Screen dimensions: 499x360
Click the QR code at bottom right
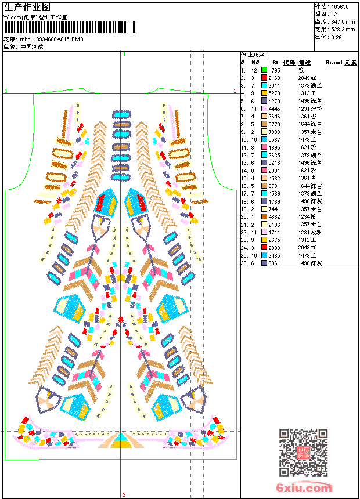[x=303, y=453]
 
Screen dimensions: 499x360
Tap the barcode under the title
[x=69, y=27]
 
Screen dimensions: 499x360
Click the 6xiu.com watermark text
[x=305, y=489]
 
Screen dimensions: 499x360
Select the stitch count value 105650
[x=340, y=6]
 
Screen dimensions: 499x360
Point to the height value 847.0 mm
[x=342, y=21]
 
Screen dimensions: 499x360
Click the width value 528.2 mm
[x=342, y=29]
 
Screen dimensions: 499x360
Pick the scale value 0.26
[x=336, y=37]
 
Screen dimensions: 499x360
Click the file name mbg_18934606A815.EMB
[x=52, y=39]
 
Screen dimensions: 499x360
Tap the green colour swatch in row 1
[x=264, y=70]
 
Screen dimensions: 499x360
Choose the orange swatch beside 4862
[x=264, y=216]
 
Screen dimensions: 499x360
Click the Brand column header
[x=334, y=63]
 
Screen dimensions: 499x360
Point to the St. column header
[x=276, y=63]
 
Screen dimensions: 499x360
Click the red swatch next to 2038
[x=264, y=248]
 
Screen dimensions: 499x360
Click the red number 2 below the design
[x=124, y=494]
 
